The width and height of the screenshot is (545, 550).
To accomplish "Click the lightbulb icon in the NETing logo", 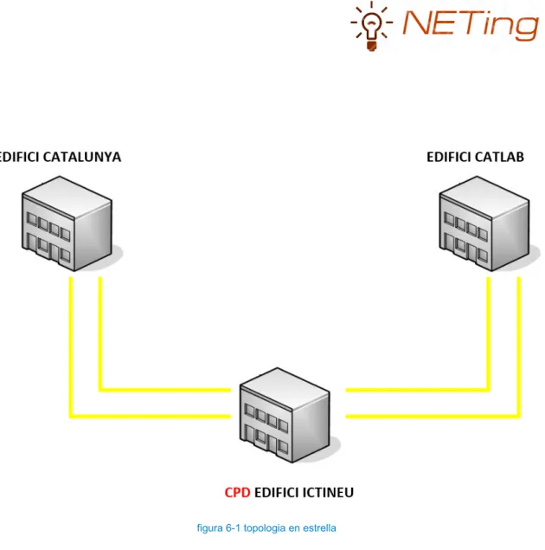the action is (372, 26).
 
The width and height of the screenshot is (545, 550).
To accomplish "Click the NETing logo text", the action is (471, 23).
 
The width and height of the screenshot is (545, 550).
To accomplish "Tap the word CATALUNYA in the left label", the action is (82, 157).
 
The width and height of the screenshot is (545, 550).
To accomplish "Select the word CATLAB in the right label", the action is (497, 157).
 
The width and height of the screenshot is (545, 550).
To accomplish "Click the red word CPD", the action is (237, 493).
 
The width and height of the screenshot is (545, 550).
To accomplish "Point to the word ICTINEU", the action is (328, 493).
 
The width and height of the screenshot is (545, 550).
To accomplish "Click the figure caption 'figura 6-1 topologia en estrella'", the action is (266, 527).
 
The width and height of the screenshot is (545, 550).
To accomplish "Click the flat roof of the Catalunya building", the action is (67, 197).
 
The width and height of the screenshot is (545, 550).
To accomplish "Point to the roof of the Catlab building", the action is (484, 197).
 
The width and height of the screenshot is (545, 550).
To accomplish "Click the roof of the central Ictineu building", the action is (285, 388).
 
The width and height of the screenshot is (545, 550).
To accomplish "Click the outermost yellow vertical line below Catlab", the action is (519, 346).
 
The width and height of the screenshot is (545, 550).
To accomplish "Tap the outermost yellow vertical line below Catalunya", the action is (71, 346).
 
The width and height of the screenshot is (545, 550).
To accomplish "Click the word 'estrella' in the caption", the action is (319, 527).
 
